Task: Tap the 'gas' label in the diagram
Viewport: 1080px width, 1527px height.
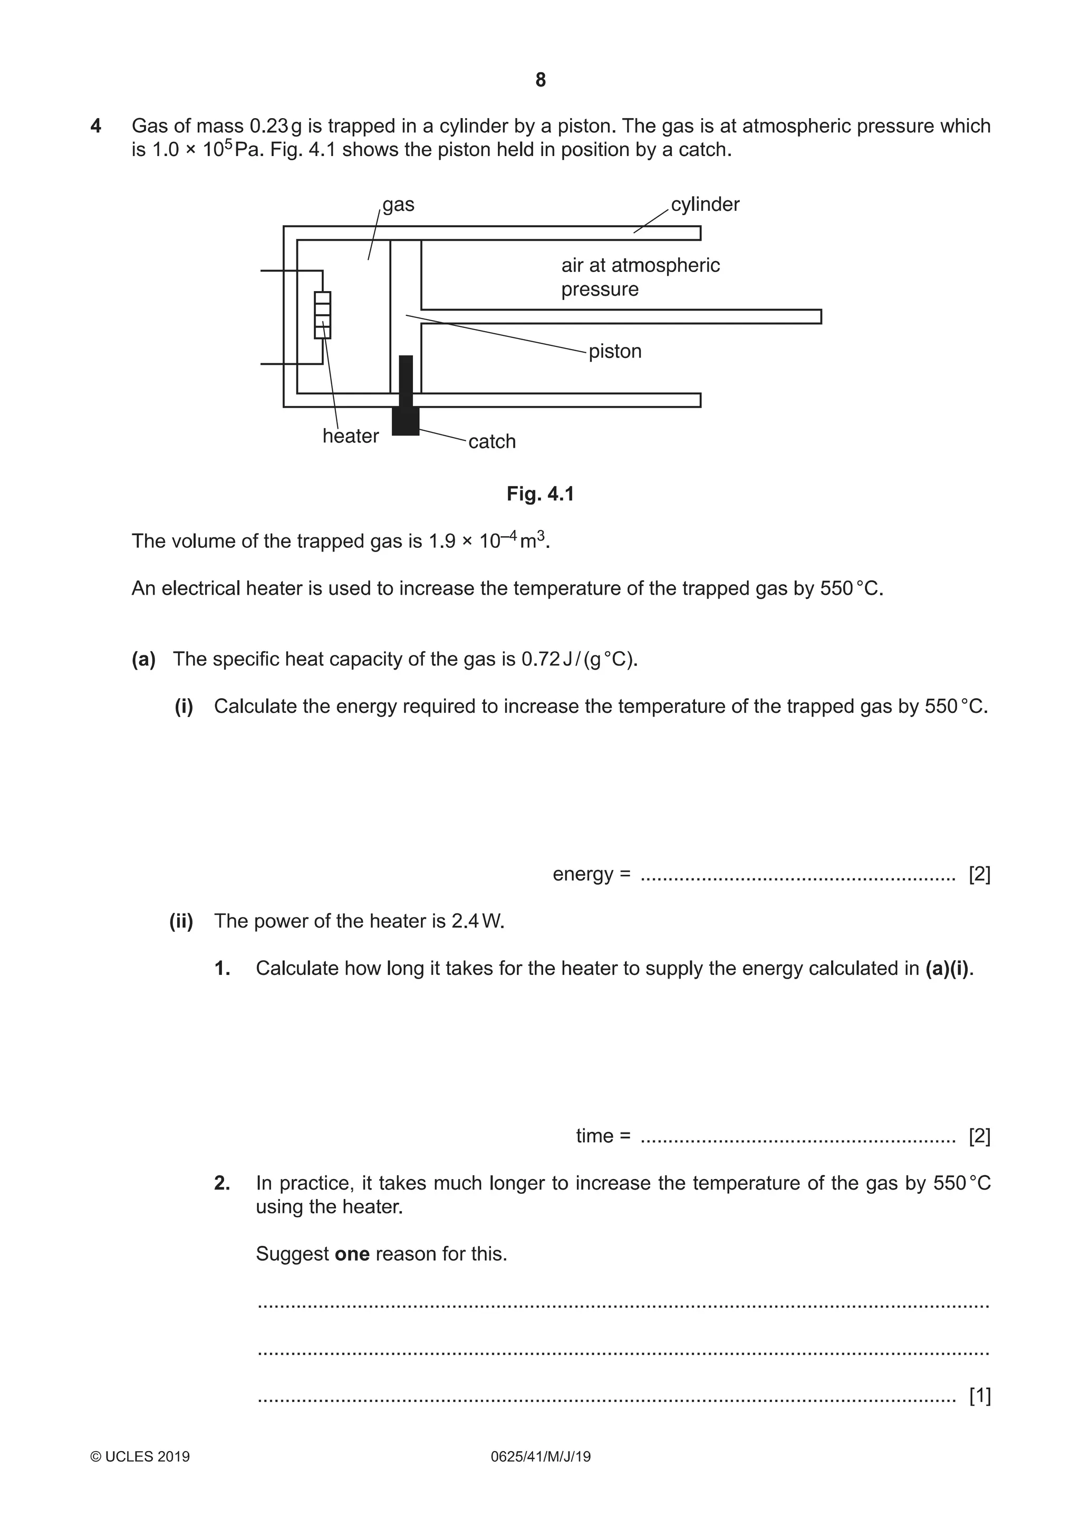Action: (x=398, y=204)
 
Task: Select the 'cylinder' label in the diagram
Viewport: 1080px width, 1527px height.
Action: (x=705, y=204)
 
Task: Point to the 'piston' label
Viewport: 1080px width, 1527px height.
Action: (x=615, y=351)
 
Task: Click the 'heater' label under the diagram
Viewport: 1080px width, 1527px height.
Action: (x=351, y=436)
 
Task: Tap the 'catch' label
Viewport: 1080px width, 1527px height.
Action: (x=492, y=442)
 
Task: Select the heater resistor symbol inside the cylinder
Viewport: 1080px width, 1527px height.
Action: (x=323, y=315)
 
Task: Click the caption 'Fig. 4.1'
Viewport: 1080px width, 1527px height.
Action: (x=540, y=494)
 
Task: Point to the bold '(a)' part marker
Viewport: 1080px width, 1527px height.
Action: (x=143, y=659)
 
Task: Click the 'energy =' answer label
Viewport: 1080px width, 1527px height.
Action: (x=591, y=874)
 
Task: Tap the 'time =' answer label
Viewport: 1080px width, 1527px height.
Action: (x=603, y=1136)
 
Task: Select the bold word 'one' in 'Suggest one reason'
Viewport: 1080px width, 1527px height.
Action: (x=352, y=1254)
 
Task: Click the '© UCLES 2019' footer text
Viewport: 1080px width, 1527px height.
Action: (x=140, y=1456)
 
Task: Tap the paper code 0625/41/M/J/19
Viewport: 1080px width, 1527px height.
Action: (x=540, y=1456)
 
